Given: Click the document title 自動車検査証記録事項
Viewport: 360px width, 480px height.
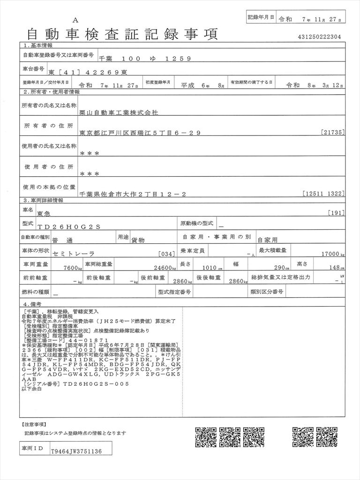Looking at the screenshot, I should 123,34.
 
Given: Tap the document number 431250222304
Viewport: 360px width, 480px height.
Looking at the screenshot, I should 319,37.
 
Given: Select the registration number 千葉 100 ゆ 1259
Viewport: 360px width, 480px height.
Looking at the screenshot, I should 145,59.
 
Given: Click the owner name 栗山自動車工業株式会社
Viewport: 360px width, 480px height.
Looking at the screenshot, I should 119,113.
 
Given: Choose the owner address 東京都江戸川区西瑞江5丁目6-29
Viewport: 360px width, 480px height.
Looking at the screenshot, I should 140,133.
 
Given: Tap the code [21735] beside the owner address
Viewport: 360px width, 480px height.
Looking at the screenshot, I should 333,133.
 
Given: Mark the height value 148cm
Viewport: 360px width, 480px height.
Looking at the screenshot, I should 336,268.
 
